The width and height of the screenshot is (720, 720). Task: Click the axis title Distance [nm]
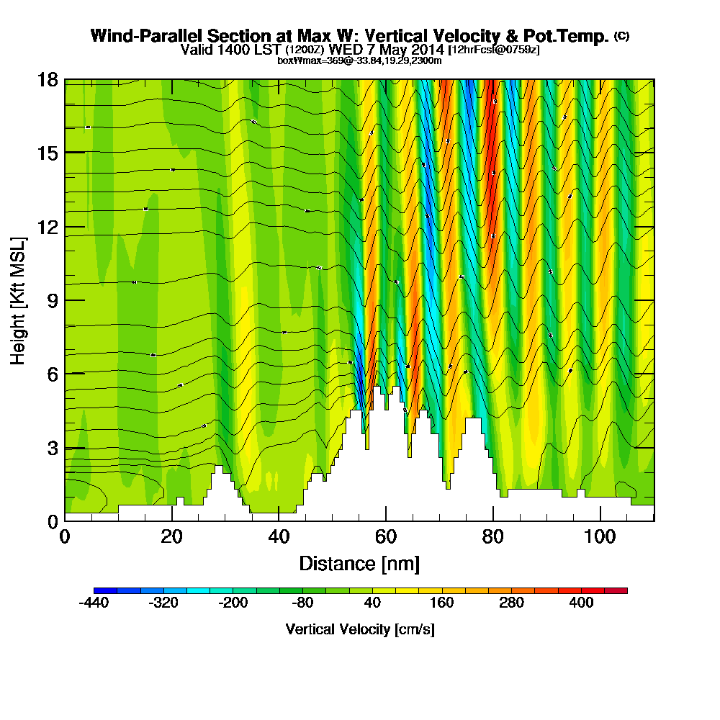click(359, 563)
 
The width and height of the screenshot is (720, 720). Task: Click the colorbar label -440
click(94, 603)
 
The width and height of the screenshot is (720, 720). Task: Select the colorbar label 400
click(582, 603)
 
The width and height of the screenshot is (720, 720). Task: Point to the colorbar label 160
click(442, 603)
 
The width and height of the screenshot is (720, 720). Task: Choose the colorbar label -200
click(233, 603)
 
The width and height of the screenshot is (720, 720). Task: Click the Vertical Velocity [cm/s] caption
click(359, 629)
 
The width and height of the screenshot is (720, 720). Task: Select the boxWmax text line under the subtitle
click(359, 60)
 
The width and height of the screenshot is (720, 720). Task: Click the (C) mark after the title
click(621, 35)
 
